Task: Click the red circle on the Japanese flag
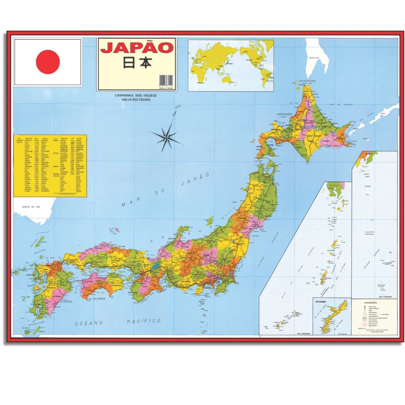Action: [48, 62]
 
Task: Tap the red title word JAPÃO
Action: [137, 48]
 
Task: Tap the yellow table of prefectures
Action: [50, 166]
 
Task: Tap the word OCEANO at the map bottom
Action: [89, 323]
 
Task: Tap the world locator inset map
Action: [231, 65]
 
